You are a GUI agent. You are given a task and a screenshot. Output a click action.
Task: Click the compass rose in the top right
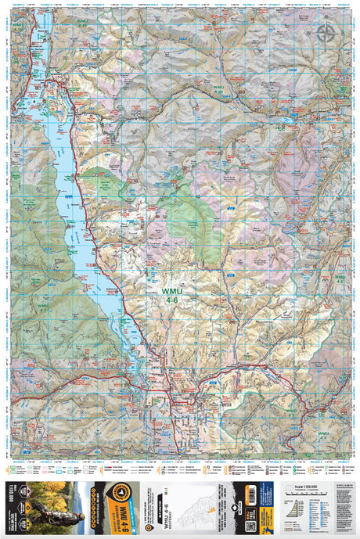326,32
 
